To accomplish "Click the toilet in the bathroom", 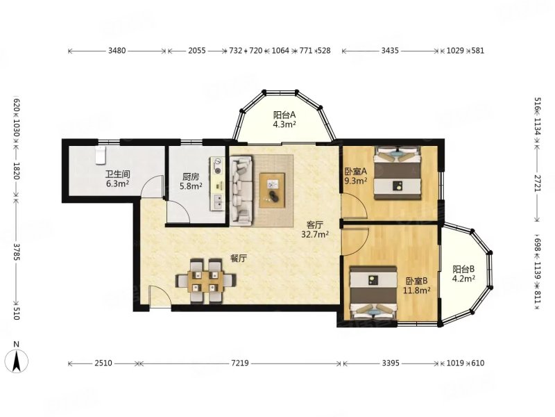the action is tap(101, 156).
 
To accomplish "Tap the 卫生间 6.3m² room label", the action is tap(117, 179).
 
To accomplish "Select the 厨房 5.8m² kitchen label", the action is tap(191, 181).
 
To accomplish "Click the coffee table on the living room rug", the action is tap(272, 190).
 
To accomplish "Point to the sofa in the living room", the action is tap(241, 191).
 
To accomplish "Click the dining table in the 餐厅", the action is tap(206, 281).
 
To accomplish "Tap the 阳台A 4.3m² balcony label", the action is tap(284, 120).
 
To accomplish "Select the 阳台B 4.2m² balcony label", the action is tap(463, 274).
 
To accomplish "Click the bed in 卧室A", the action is tap(398, 173).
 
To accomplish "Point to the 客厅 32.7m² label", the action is tap(315, 229).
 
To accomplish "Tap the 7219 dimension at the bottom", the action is tap(240, 363).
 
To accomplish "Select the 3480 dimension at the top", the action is tap(117, 51).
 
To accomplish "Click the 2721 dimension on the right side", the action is tap(538, 183).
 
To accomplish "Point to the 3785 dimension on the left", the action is tap(16, 252).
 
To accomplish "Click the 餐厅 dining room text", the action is tap(238, 259).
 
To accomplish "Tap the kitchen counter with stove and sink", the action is tap(217, 184).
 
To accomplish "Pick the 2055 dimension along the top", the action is tap(197, 51).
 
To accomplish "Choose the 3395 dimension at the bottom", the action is tap(391, 363).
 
